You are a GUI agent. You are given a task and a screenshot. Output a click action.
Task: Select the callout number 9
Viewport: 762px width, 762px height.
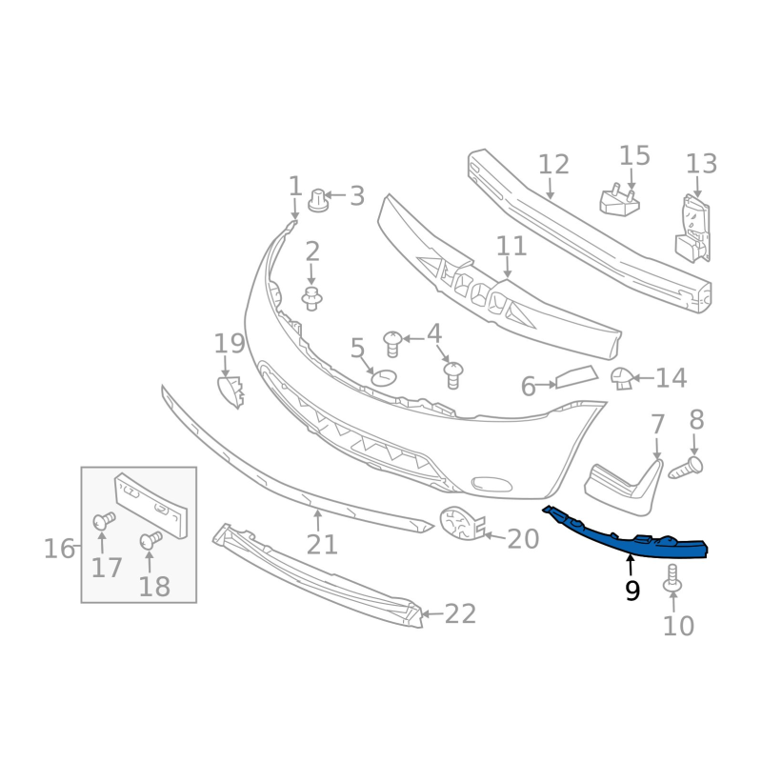pos(632,591)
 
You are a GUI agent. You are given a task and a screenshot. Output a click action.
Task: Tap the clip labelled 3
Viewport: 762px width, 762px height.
pos(318,200)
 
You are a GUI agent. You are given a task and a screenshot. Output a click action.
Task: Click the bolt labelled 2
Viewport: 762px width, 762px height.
pos(312,299)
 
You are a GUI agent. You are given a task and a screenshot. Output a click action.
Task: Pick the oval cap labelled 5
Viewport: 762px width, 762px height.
pos(384,377)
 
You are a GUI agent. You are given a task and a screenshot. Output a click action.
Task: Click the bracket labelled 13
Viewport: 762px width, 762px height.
pos(693,229)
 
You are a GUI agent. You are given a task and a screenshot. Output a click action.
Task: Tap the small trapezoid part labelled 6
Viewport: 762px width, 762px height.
pos(576,376)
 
